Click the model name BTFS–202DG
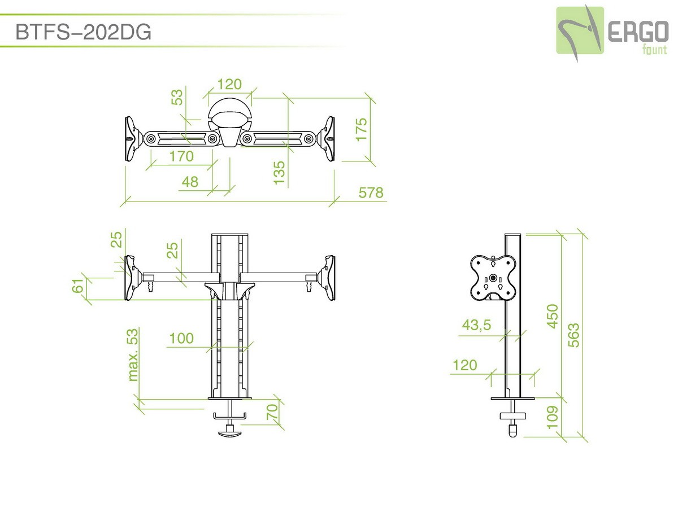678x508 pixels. point(83,32)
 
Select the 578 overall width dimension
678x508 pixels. point(371,193)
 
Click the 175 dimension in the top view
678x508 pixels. point(362,130)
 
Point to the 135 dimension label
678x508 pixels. point(279,173)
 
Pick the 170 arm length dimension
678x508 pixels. point(181,156)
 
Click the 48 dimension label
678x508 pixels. point(190,182)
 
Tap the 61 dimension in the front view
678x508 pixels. point(78,286)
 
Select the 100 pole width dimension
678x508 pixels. point(181,338)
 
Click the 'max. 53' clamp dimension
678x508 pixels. point(133,355)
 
